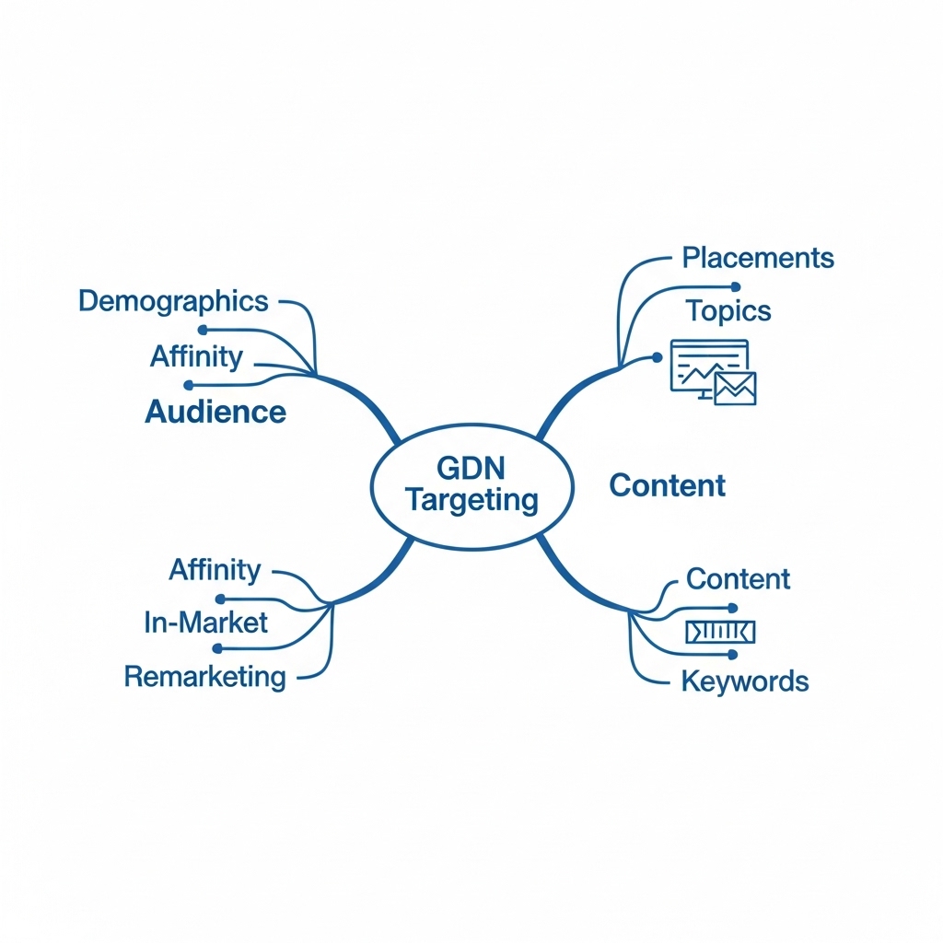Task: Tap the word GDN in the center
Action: pyautogui.click(x=471, y=468)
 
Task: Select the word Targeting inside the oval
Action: pyautogui.click(x=471, y=500)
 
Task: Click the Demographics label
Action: pyautogui.click(x=173, y=301)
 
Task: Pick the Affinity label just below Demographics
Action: pyautogui.click(x=196, y=356)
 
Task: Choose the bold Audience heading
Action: pyautogui.click(x=215, y=412)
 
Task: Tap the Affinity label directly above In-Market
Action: pyautogui.click(x=215, y=570)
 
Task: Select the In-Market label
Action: pyautogui.click(x=206, y=623)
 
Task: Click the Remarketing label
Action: pyautogui.click(x=204, y=677)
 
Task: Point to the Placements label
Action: pyautogui.click(x=758, y=257)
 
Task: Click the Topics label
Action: pyautogui.click(x=728, y=310)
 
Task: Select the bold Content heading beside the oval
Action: pyautogui.click(x=668, y=485)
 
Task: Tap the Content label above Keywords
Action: pyautogui.click(x=738, y=579)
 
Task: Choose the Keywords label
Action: pyautogui.click(x=744, y=681)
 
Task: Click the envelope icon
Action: pyautogui.click(x=736, y=389)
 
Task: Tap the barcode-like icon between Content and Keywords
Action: pyautogui.click(x=721, y=631)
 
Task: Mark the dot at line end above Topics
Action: pyautogui.click(x=735, y=286)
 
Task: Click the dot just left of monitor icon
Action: pyautogui.click(x=658, y=356)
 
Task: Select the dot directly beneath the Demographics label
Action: pyautogui.click(x=203, y=330)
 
